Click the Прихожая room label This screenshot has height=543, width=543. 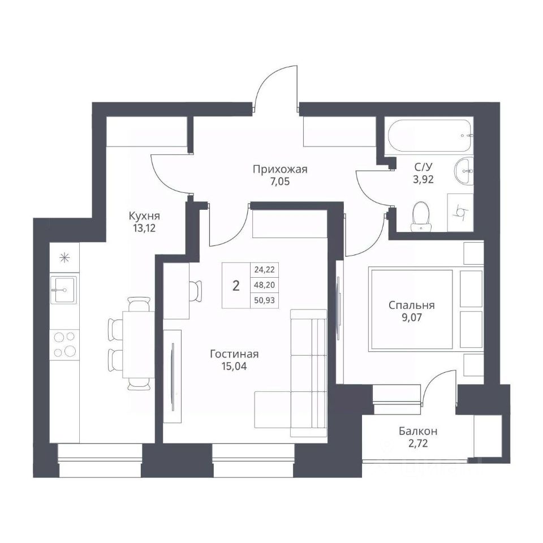point(280,169)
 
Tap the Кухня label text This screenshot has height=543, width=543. point(144,217)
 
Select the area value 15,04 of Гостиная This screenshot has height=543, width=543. point(234,367)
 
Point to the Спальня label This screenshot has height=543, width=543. point(411,305)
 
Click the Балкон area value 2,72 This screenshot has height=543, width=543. point(418,443)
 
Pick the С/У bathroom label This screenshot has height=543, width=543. point(424,167)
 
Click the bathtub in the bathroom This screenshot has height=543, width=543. point(430,135)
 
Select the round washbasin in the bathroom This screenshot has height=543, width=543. point(463,171)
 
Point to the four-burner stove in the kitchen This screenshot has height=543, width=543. point(64,344)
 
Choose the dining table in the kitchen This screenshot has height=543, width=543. point(138,344)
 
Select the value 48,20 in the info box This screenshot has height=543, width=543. point(264,285)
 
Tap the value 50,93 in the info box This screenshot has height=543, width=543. point(264,300)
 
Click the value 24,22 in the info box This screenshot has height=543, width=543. point(264,269)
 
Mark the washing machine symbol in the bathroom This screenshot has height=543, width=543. point(460,212)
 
